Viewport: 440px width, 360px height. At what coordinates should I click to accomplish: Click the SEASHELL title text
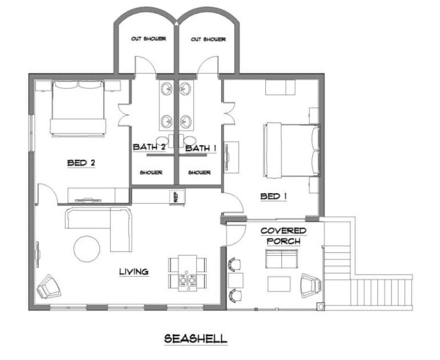tap(195, 339)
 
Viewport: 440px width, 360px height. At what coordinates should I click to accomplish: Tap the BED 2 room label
tap(81, 163)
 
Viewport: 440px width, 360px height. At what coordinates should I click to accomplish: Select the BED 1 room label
tap(274, 196)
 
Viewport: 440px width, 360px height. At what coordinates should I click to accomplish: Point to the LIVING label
tap(134, 272)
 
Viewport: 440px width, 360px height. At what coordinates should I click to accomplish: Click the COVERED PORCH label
tap(284, 236)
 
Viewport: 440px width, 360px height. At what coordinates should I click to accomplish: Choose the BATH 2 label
tap(149, 147)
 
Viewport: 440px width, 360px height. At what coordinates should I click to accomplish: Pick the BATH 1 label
tap(201, 148)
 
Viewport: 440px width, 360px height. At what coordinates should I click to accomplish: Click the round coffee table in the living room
tap(87, 249)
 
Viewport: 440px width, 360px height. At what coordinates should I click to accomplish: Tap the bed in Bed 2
tap(78, 108)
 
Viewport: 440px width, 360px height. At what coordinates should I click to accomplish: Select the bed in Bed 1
tap(291, 150)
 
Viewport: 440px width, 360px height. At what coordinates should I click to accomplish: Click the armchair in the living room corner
tap(49, 287)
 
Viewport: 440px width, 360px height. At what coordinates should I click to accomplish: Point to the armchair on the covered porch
tap(311, 285)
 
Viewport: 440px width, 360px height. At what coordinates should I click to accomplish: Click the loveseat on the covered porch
tap(282, 259)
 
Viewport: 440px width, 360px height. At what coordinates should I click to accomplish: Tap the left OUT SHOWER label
tap(148, 38)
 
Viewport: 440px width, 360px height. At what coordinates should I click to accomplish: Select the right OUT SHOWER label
tap(208, 40)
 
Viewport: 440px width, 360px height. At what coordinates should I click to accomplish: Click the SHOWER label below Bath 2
tap(151, 173)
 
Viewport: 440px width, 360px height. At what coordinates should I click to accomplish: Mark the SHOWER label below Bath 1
tap(199, 173)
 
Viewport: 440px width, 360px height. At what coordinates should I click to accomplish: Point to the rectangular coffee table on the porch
tap(279, 284)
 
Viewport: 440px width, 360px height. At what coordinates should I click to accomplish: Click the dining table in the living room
tap(187, 273)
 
